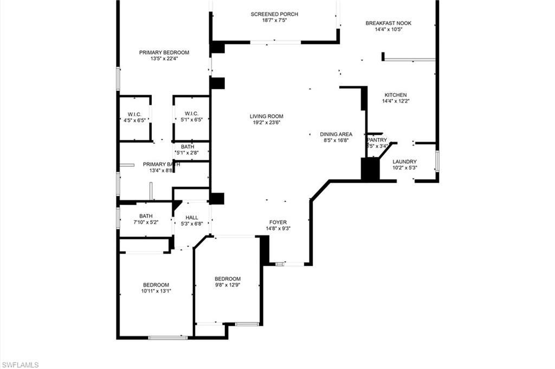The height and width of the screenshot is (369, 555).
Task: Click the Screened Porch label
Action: [274, 14]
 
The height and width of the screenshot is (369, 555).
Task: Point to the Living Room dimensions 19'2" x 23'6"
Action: [266, 122]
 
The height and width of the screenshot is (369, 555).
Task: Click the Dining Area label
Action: [336, 134]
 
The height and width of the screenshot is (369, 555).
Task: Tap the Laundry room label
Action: [404, 161]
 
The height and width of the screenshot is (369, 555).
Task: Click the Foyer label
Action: [278, 222]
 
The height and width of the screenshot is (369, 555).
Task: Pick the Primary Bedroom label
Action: [164, 52]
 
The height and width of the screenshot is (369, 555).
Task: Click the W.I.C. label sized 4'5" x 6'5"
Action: [134, 114]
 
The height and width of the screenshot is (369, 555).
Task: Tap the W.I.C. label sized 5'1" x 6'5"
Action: [191, 113]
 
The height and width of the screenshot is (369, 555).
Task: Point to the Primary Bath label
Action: [158, 164]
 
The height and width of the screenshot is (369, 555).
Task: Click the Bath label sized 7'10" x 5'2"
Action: [146, 216]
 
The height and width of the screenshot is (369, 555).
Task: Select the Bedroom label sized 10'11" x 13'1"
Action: [156, 285]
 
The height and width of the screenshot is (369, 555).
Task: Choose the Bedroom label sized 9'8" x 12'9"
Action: [228, 279]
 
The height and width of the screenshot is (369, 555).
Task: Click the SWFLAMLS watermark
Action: [20, 365]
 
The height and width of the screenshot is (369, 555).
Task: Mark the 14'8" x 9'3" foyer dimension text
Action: [278, 228]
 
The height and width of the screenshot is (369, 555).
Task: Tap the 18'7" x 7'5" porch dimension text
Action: [274, 21]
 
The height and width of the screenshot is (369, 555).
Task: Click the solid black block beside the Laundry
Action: [370, 169]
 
